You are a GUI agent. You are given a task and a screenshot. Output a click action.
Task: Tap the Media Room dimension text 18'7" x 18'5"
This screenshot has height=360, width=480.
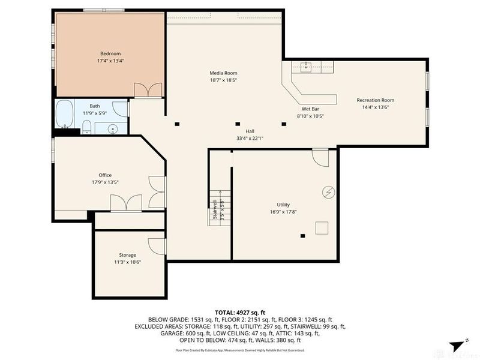pyautogui.click(x=223, y=80)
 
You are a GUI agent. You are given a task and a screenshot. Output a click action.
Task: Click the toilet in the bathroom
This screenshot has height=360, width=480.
pyautogui.click(x=86, y=127)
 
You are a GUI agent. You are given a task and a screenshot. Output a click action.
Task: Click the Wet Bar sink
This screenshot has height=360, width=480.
pyautogui.click(x=307, y=67)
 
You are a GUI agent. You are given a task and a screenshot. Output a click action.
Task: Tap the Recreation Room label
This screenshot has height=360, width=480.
pyautogui.click(x=375, y=100)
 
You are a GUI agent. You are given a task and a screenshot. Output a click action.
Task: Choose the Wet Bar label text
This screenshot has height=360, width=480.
pyautogui.click(x=310, y=109)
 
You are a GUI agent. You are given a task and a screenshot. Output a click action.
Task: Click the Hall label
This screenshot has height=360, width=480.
pyautogui.click(x=250, y=131)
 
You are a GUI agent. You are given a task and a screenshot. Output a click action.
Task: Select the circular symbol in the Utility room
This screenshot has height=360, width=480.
pyautogui.click(x=328, y=192)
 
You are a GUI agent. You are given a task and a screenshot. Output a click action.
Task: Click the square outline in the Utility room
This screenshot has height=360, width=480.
pyautogui.click(x=322, y=227)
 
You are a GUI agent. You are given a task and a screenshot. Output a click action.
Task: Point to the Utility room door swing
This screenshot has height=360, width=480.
pyautogui.click(x=320, y=158)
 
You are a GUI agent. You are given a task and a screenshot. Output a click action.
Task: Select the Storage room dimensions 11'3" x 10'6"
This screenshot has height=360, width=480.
pyautogui.click(x=127, y=262)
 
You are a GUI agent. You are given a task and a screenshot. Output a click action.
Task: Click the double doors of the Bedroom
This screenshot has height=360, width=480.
pyautogui.click(x=148, y=90)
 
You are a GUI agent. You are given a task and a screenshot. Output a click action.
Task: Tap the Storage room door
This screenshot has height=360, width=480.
pyautogui.click(x=157, y=245)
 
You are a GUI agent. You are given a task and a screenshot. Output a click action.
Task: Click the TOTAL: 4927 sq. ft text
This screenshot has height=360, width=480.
pyautogui.click(x=240, y=313)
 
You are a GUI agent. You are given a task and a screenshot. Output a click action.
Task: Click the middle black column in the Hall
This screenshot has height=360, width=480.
pyautogui.click(x=237, y=125)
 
